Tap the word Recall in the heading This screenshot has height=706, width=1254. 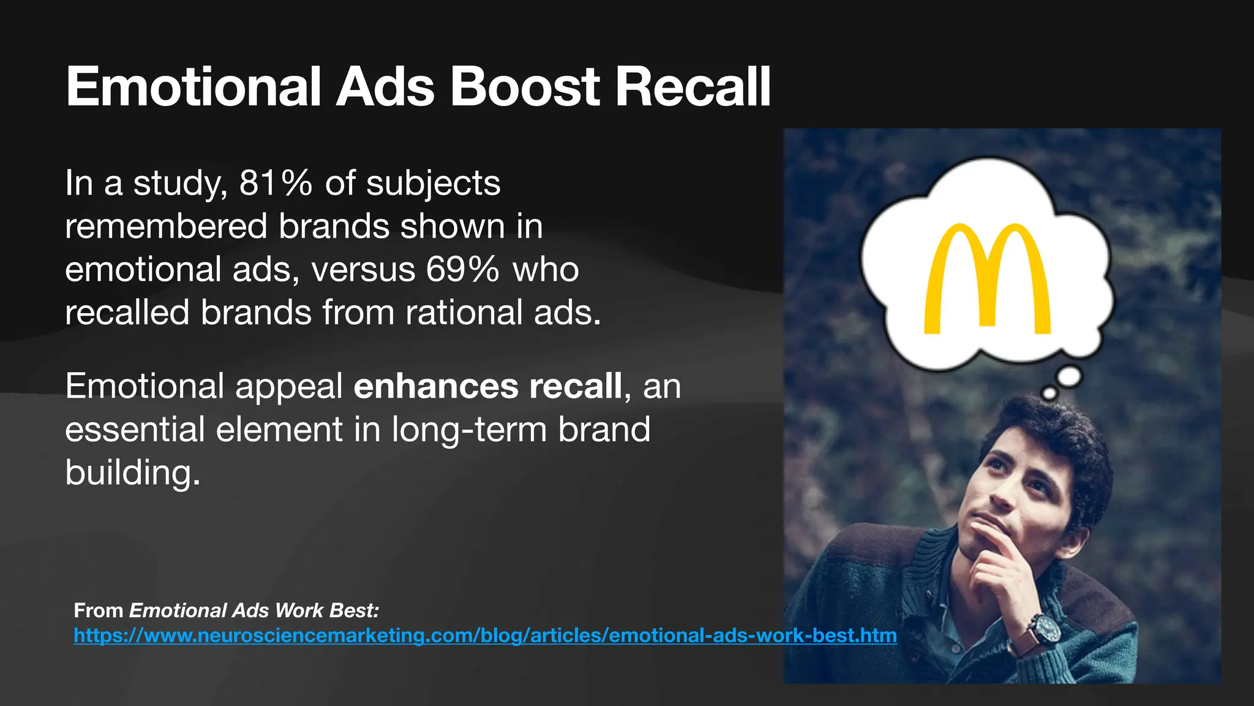pyautogui.click(x=693, y=87)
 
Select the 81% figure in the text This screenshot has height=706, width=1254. pyautogui.click(x=276, y=183)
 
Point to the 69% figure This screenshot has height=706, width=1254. pyautogui.click(x=463, y=269)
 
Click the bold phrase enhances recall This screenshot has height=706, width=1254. pyautogui.click(x=488, y=386)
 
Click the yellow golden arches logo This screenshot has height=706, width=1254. pyautogui.click(x=987, y=279)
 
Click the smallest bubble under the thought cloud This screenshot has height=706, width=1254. pyautogui.click(x=1049, y=393)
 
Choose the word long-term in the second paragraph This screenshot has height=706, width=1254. pyautogui.click(x=469, y=429)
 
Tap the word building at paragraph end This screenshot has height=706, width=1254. pyautogui.click(x=132, y=473)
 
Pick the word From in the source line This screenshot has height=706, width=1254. pyautogui.click(x=99, y=610)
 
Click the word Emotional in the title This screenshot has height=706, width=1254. pyautogui.click(x=193, y=87)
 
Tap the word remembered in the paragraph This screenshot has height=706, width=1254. pyautogui.click(x=167, y=226)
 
